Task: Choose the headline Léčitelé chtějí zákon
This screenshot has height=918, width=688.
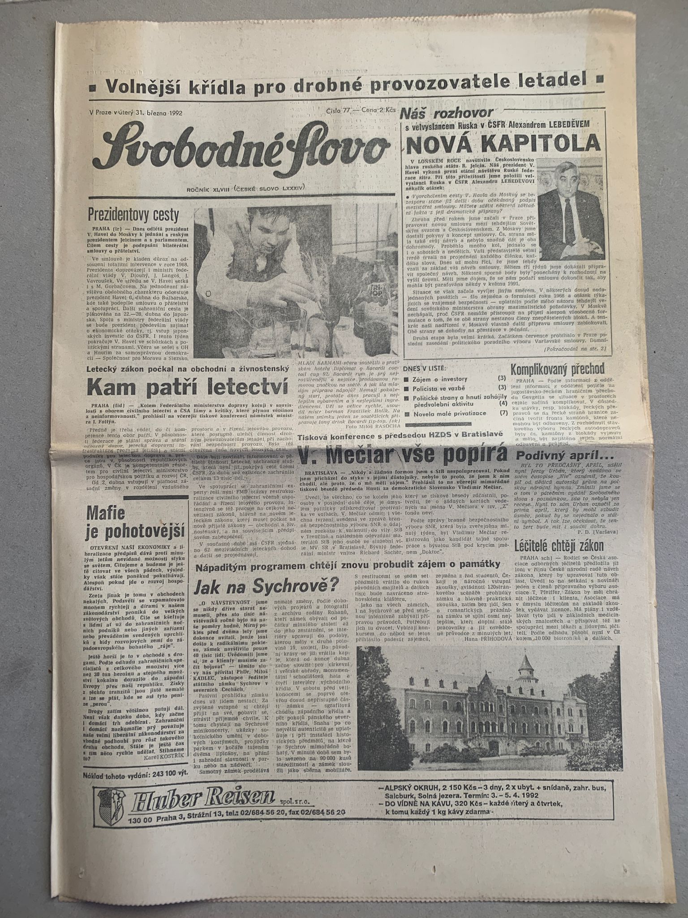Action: tap(559, 546)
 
